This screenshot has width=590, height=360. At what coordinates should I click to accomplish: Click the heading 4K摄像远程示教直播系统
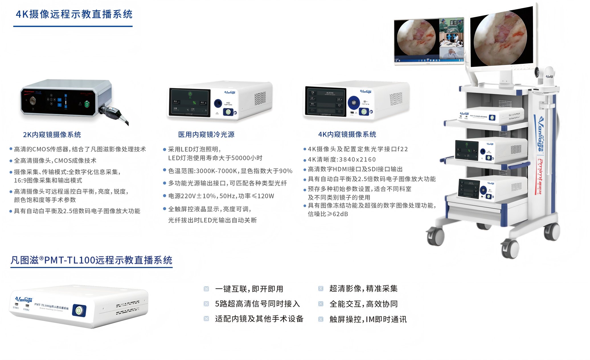pyautogui.click(x=74, y=14)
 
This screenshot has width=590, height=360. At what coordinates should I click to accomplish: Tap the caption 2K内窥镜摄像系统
pyautogui.click(x=52, y=135)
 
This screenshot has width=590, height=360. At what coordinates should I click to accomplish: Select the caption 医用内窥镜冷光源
pyautogui.click(x=206, y=134)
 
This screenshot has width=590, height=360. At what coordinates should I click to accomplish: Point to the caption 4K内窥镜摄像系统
pyautogui.click(x=347, y=134)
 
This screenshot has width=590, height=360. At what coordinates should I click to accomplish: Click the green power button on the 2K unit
pyautogui.click(x=87, y=104)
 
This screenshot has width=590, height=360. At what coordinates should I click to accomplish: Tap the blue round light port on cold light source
pyautogui.click(x=218, y=103)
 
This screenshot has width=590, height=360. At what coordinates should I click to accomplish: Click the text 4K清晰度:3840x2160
pyautogui.click(x=342, y=159)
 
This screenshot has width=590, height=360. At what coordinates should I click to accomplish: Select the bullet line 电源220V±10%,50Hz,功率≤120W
pyautogui.click(x=221, y=196)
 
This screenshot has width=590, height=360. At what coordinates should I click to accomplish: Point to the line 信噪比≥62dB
pyautogui.click(x=328, y=214)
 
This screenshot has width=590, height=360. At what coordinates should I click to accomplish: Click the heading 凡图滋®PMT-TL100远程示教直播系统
pyautogui.click(x=91, y=260)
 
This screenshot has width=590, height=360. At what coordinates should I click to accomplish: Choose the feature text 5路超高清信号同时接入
pyautogui.click(x=257, y=304)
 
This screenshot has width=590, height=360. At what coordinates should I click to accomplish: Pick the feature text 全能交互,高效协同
pyautogui.click(x=363, y=304)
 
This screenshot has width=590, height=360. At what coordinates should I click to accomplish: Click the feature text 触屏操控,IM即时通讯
pyautogui.click(x=368, y=319)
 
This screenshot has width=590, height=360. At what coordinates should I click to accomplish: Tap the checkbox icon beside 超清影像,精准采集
pyautogui.click(x=321, y=289)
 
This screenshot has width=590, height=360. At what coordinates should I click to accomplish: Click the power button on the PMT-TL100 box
pyautogui.click(x=79, y=310)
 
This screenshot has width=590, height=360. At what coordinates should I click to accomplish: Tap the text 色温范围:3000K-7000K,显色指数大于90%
pyautogui.click(x=230, y=171)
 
